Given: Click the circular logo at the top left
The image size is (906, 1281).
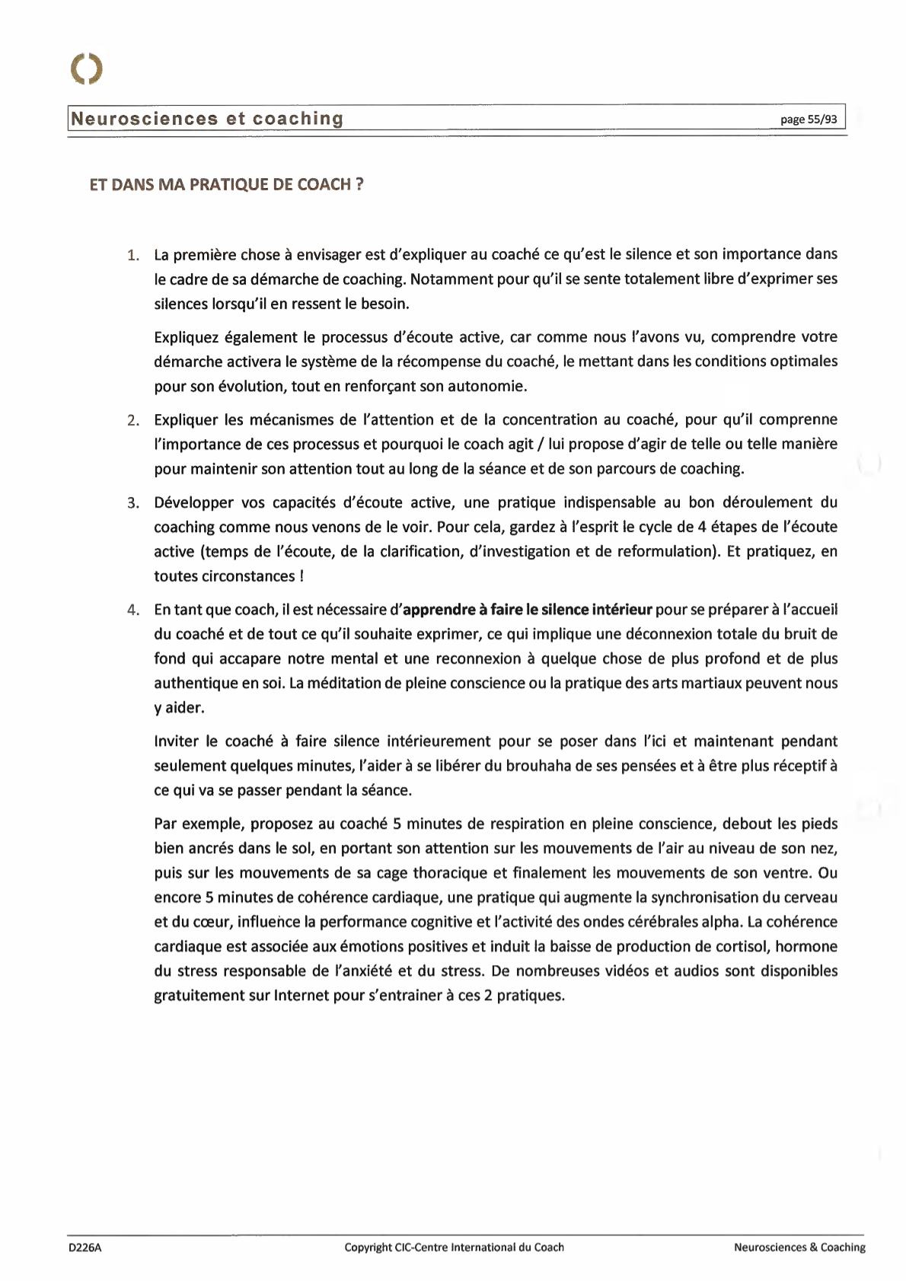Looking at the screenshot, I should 87,69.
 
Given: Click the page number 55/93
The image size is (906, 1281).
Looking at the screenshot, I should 809,119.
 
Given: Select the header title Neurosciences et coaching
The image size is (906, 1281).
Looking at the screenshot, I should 207,119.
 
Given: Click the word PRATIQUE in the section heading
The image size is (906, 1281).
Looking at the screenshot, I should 241,185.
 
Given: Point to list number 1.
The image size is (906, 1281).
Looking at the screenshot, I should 133,255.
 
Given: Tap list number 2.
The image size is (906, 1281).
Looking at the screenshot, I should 133,420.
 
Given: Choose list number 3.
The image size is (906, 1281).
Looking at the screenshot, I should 133,503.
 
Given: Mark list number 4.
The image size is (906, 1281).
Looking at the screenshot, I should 133,610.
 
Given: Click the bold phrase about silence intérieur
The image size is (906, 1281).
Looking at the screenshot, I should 527,610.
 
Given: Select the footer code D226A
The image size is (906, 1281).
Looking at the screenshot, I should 85,1247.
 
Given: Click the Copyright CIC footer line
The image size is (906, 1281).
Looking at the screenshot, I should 454,1247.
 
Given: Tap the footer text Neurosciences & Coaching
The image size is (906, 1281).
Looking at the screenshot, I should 799,1247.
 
